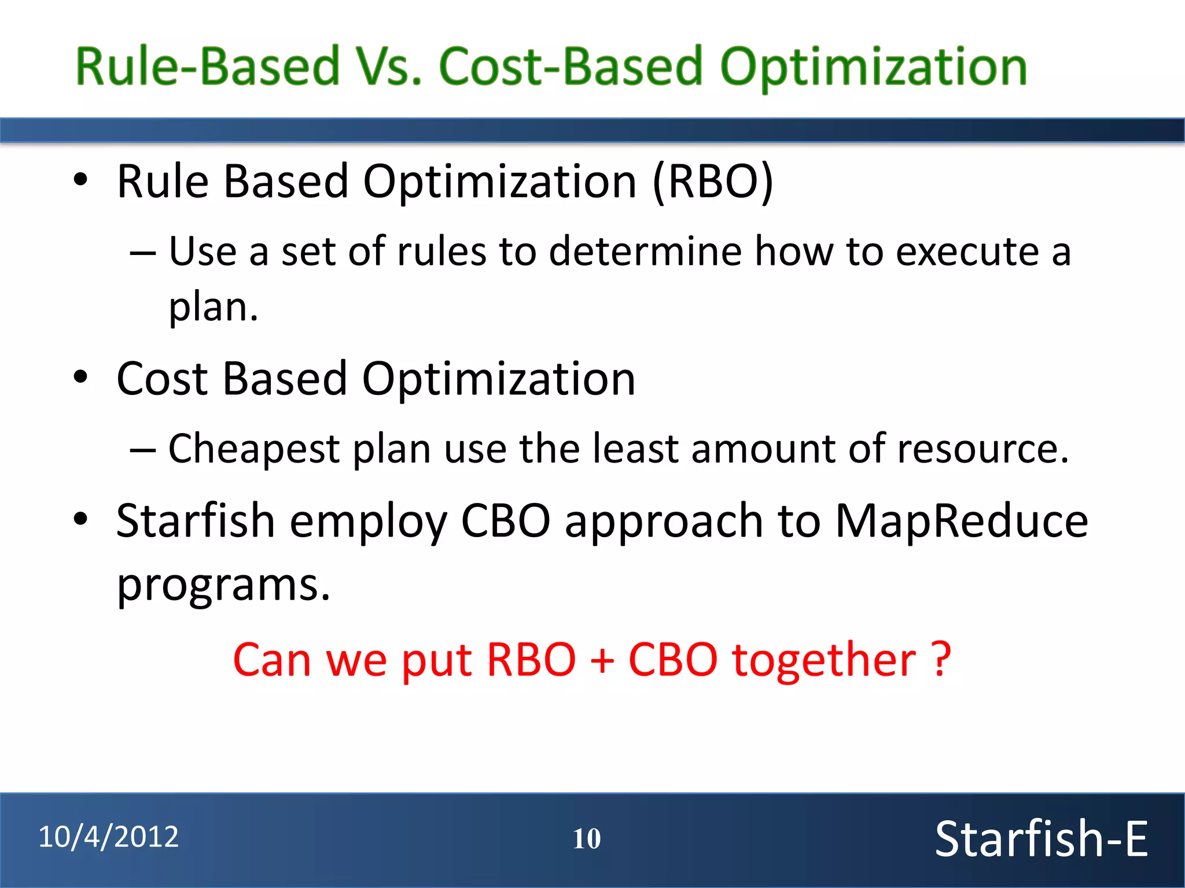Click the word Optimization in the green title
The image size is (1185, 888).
(x=873, y=67)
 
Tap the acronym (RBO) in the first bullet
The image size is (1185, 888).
(x=713, y=182)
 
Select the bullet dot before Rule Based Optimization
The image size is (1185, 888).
(x=80, y=180)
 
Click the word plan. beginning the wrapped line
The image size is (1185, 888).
(x=213, y=307)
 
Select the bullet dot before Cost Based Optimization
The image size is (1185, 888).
(x=80, y=377)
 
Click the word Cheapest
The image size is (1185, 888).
(x=253, y=449)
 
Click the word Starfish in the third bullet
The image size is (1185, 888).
(x=195, y=521)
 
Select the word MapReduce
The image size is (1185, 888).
(x=961, y=521)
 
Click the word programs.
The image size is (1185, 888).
(x=223, y=585)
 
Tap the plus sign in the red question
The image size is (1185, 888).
(x=602, y=660)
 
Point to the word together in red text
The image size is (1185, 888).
(x=824, y=660)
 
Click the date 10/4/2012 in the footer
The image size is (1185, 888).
(x=108, y=837)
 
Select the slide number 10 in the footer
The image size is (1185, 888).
(x=586, y=839)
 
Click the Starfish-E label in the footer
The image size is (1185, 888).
(x=1041, y=839)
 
